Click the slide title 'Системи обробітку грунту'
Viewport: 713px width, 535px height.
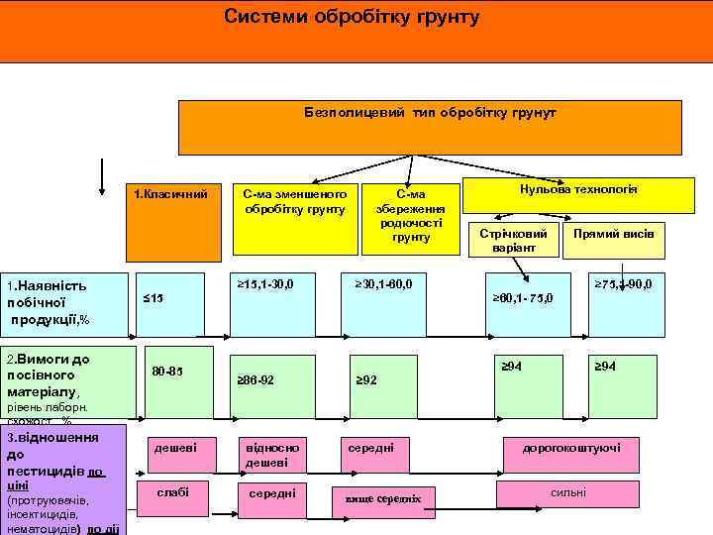(x=352, y=18)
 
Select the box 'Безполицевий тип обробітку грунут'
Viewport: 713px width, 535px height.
(x=430, y=125)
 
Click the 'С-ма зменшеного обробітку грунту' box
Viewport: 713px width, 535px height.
(x=293, y=201)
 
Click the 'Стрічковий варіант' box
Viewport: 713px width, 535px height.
(x=512, y=238)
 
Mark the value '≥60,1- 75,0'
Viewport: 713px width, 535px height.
(x=524, y=298)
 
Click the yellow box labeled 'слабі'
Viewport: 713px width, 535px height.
(x=172, y=492)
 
